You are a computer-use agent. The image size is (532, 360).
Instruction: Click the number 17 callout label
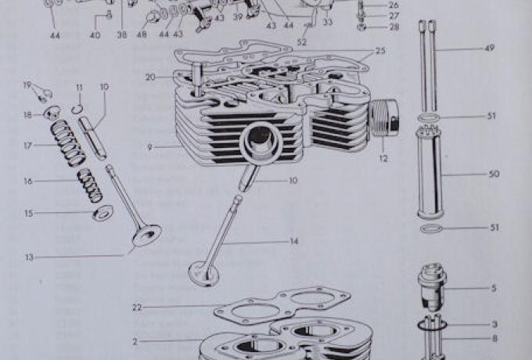point(28,145)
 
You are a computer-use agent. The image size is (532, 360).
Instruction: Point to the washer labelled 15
point(102,212)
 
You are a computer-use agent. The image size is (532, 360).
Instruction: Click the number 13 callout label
point(28,256)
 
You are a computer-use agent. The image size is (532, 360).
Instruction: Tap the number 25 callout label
point(380,51)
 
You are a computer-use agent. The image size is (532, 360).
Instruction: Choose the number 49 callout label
point(489,49)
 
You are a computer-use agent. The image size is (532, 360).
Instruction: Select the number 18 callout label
point(28,114)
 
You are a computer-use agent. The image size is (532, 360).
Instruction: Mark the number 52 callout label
point(302,41)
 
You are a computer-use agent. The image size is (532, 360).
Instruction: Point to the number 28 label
point(394,27)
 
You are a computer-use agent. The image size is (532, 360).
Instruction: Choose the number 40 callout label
point(95,35)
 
